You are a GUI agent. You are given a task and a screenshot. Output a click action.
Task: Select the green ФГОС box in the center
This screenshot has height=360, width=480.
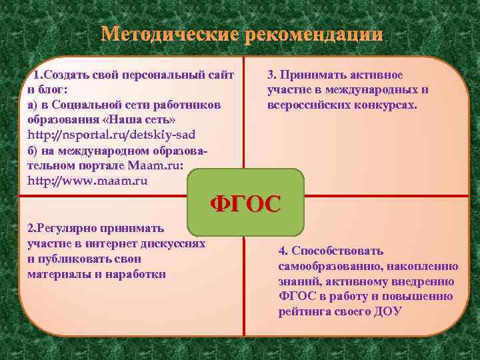tap(246, 203)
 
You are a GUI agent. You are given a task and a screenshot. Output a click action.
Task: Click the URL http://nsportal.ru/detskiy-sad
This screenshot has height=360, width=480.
tap(111, 135)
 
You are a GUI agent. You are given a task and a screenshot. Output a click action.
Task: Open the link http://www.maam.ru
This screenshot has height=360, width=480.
tap(87, 181)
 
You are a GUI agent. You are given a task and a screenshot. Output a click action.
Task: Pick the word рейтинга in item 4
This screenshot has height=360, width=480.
tap(303, 311)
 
